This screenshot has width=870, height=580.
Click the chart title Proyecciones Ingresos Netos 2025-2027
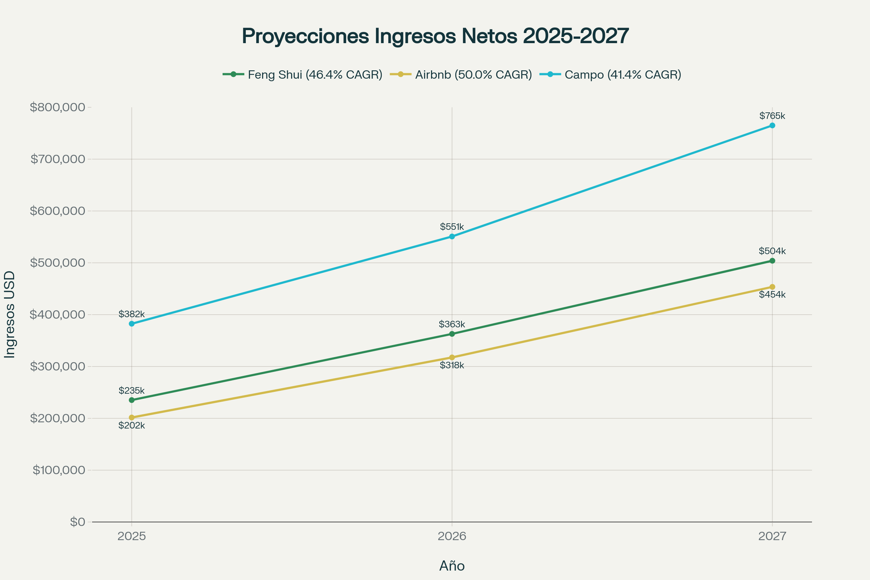pyautogui.click(x=435, y=36)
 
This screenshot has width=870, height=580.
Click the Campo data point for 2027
pyautogui.click(x=772, y=125)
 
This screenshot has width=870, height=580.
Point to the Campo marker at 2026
pyautogui.click(x=452, y=236)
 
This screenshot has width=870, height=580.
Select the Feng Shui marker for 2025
pyautogui.click(x=132, y=400)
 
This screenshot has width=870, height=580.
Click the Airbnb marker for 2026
pyautogui.click(x=452, y=357)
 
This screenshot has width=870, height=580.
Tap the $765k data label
pyautogui.click(x=772, y=116)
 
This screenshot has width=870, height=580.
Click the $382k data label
pyautogui.click(x=132, y=314)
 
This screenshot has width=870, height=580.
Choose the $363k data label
pyautogui.click(x=452, y=324)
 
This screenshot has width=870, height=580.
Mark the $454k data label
pyautogui.click(x=772, y=295)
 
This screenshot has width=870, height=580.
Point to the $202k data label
pyautogui.click(x=132, y=426)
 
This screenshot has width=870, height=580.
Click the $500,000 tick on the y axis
pyautogui.click(x=57, y=262)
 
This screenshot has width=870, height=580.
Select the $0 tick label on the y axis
pyautogui.click(x=77, y=522)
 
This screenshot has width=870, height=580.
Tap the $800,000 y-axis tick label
pyautogui.click(x=57, y=107)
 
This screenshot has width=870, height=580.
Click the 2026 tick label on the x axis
pyautogui.click(x=452, y=536)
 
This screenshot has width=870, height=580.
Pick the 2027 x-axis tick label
pyautogui.click(x=772, y=536)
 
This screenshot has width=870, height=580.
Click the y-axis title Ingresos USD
pyautogui.click(x=10, y=314)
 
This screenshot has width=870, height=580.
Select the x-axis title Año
pyautogui.click(x=452, y=566)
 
